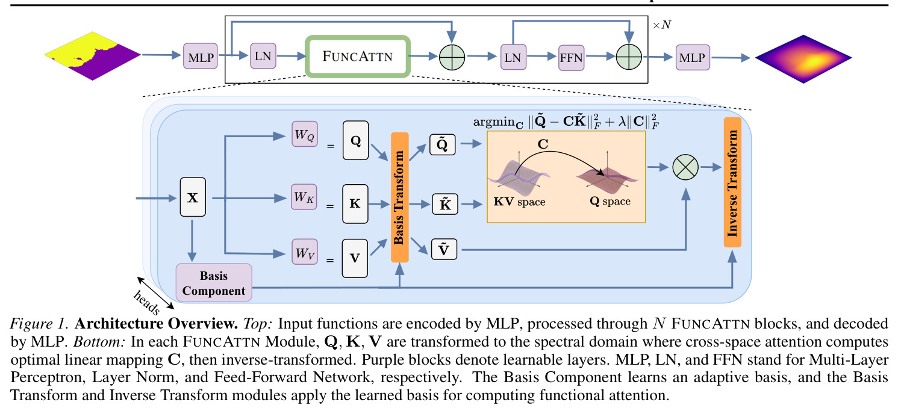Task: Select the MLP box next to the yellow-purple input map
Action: [201, 57]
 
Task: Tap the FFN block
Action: [572, 58]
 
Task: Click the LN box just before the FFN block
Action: [513, 57]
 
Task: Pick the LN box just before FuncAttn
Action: [263, 55]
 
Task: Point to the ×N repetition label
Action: [662, 25]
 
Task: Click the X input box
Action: [193, 197]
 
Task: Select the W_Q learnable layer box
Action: [305, 134]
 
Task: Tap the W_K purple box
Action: [304, 197]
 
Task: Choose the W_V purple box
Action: [305, 252]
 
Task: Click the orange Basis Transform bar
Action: [400, 197]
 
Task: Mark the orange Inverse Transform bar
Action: [732, 182]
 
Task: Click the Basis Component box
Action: [214, 283]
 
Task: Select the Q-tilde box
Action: [442, 144]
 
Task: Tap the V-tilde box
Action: [444, 249]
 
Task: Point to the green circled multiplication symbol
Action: [685, 167]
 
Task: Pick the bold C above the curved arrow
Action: [543, 144]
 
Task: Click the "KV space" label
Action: [520, 202]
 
